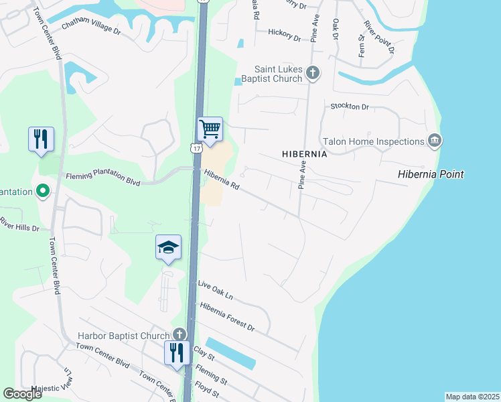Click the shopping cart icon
(210, 129)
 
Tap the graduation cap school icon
(169, 248)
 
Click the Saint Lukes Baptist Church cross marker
(313, 73)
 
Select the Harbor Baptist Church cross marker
(179, 334)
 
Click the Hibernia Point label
(431, 175)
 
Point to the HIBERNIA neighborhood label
(304, 154)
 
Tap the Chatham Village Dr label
(91, 28)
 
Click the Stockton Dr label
(350, 107)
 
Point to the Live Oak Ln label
(215, 290)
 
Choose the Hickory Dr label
(284, 35)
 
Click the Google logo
(22, 394)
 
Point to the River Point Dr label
(379, 36)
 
